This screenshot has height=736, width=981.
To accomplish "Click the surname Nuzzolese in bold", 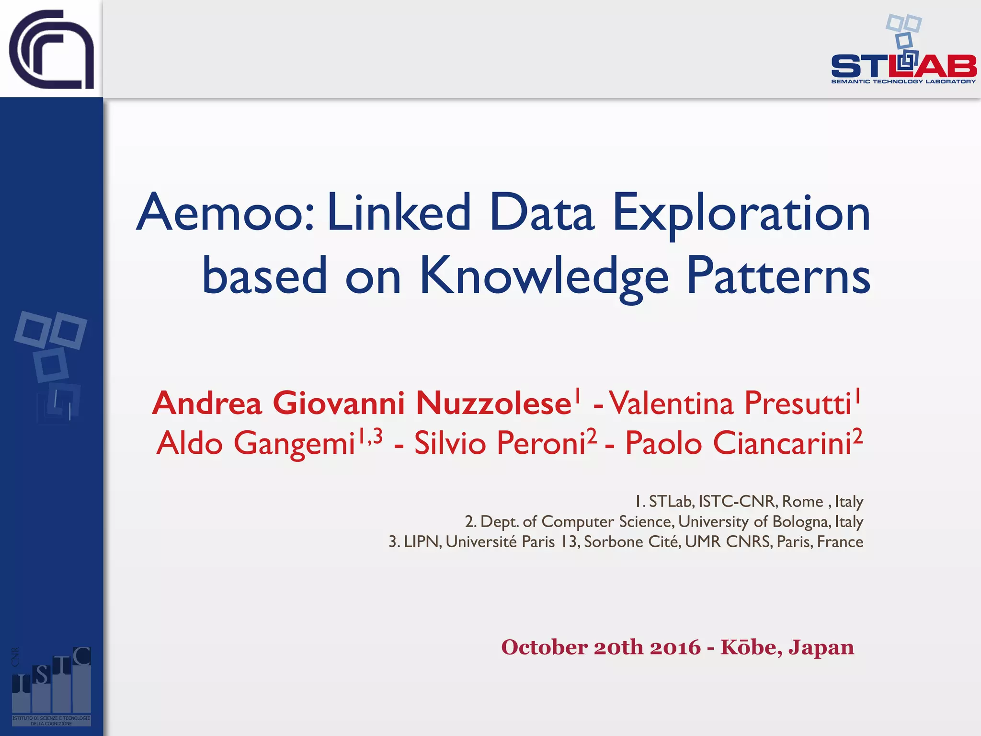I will (493, 403).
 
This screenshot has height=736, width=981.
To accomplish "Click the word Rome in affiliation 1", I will (802, 502).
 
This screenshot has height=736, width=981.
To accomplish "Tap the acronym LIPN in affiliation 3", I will (422, 542).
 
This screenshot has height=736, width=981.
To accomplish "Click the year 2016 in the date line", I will (675, 647).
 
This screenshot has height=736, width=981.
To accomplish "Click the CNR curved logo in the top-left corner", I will (51, 49).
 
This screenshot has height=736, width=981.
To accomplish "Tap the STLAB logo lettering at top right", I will (903, 66).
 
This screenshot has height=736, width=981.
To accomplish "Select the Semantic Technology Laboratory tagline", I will (903, 81).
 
